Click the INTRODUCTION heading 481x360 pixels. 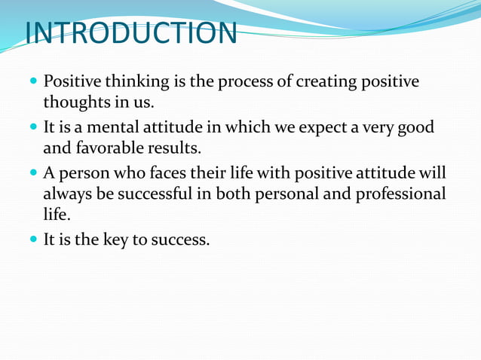pyautogui.click(x=130, y=34)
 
